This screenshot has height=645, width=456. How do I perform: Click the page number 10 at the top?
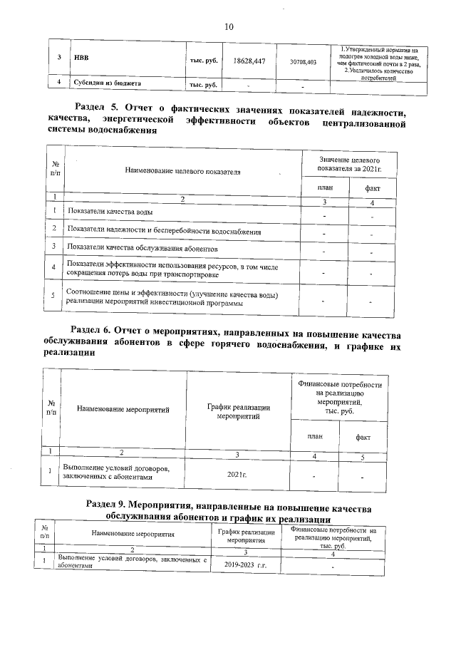tap(229, 27)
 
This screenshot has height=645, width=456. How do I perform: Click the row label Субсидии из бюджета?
tap(103, 83)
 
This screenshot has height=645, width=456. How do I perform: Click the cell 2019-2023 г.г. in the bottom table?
tap(245, 564)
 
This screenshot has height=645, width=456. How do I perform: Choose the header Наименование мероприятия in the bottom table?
tap(133, 534)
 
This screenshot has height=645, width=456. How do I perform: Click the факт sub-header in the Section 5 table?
tap(372, 188)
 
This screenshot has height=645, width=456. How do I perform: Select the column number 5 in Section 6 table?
tap(363, 457)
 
